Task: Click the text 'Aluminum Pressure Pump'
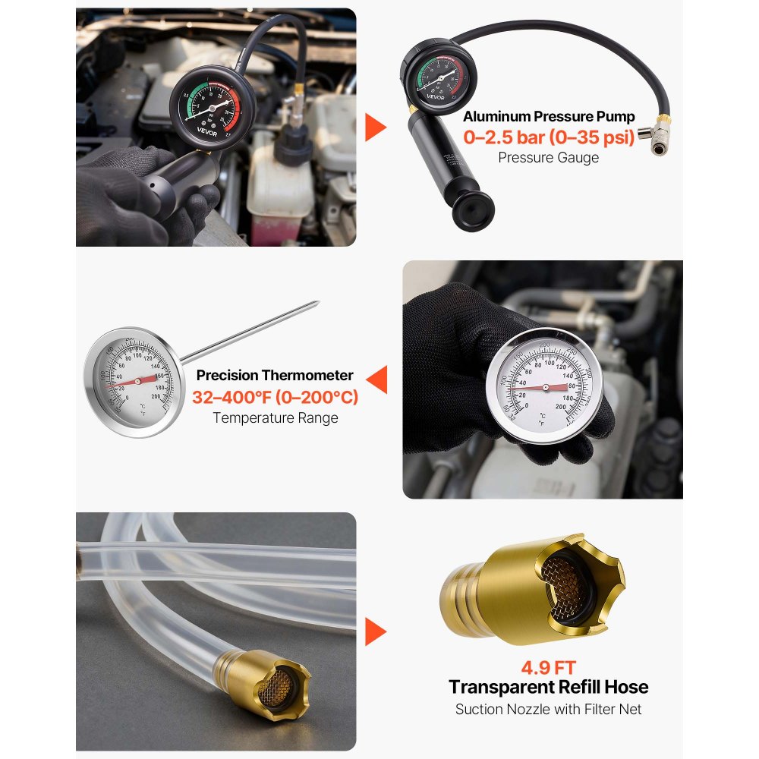pos(549,117)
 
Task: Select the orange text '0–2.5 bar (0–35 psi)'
pos(549,138)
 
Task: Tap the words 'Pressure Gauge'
pos(548,158)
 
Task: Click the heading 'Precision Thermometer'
pos(275,375)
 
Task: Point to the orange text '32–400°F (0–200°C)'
pos(275,397)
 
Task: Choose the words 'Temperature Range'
pos(275,417)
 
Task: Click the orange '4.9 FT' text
pos(548,668)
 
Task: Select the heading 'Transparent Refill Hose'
pos(548,688)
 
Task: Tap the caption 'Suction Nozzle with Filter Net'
pos(548,710)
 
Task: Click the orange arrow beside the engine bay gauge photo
pos(374,128)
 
